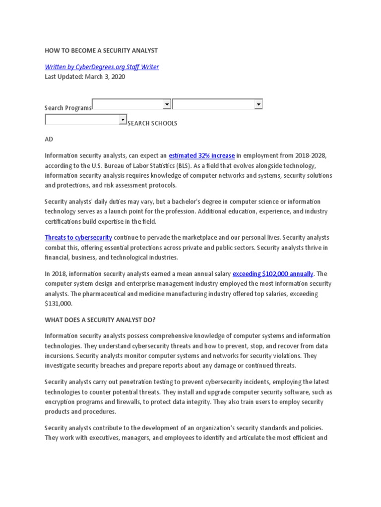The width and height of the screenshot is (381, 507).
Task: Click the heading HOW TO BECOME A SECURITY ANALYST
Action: tap(101, 51)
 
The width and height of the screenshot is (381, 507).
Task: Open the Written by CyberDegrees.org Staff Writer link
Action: tap(102, 67)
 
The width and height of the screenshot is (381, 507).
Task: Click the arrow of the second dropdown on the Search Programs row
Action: tap(258, 104)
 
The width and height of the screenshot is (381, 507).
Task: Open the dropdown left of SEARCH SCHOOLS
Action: tap(86, 119)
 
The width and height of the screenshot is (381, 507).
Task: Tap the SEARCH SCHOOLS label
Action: tap(152, 123)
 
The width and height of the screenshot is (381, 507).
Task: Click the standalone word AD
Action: tap(49, 139)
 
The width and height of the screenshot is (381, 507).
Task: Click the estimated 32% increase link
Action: tap(201, 155)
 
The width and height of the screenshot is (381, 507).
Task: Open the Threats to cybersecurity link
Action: tap(78, 238)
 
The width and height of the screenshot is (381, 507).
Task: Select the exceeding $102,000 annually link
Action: tap(273, 273)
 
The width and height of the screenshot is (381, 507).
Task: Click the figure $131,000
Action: tap(58, 304)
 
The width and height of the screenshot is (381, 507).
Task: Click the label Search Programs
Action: tap(68, 108)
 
